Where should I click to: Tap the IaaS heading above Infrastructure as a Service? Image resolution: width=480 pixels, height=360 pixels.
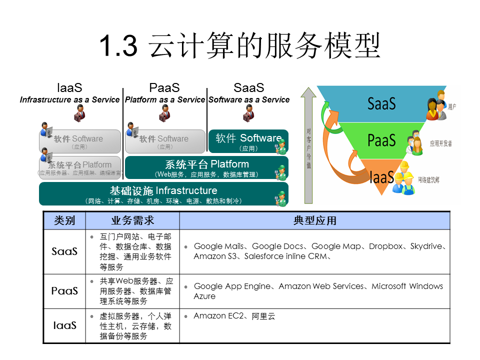coord(69,88)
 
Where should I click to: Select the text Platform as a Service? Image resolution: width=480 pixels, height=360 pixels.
coord(165,99)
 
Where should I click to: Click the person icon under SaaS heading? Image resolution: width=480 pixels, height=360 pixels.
coord(248,114)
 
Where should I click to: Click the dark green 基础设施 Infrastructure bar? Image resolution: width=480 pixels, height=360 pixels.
coord(163,194)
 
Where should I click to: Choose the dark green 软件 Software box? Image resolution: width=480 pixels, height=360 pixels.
coord(248,141)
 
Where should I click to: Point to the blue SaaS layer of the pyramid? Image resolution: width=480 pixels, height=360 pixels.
coord(382,103)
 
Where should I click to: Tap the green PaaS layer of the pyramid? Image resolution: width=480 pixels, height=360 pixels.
coord(382,140)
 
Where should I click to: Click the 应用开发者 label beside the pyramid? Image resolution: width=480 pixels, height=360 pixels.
coord(440,143)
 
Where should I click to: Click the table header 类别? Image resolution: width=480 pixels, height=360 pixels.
coord(64,220)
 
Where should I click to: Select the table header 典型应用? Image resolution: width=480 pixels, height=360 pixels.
coord(314,220)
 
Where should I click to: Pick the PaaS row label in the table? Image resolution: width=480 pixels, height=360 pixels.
coord(64,290)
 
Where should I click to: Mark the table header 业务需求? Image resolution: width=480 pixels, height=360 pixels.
coord(132,220)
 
